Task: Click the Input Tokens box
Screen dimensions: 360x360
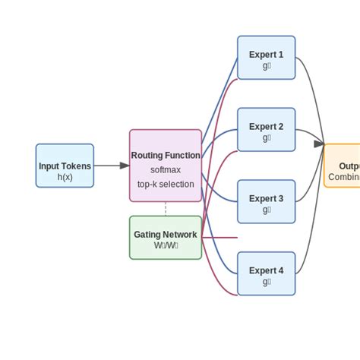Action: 65,166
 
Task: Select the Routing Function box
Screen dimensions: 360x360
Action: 166,166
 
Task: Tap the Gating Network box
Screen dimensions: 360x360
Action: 166,238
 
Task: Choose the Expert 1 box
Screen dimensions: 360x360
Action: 266,58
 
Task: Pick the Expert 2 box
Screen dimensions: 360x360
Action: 266,130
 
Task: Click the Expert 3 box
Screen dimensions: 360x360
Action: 266,201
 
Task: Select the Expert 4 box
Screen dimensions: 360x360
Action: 266,273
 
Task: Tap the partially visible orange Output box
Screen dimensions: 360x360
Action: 343,166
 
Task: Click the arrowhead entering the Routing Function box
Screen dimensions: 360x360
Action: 125,166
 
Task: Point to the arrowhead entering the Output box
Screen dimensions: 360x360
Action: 319,144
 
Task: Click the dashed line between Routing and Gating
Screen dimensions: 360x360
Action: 166,209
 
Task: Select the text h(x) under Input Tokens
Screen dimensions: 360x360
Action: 65,177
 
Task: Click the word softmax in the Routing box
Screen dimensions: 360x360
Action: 166,170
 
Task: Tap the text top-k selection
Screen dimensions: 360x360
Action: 166,184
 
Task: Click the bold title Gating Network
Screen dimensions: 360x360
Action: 166,235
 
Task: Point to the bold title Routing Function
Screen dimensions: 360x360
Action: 166,156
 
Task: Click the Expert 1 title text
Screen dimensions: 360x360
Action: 266,55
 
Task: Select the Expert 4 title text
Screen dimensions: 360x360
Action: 266,270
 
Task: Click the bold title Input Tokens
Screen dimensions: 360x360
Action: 65,166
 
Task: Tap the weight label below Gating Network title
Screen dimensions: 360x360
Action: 166,245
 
